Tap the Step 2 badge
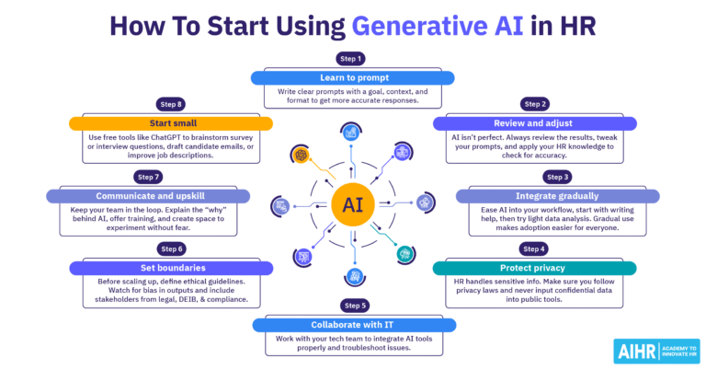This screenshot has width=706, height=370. pyautogui.click(x=534, y=103)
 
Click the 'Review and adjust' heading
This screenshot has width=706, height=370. pyautogui.click(x=534, y=122)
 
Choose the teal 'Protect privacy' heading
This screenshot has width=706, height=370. pyautogui.click(x=534, y=268)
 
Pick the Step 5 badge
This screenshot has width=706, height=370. pyautogui.click(x=352, y=304)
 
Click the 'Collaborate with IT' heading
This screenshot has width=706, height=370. pyautogui.click(x=353, y=323)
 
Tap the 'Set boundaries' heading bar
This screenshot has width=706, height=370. pyautogui.click(x=170, y=268)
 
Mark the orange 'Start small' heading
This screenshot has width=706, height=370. pyautogui.click(x=170, y=122)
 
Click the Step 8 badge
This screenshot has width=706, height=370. pyautogui.click(x=170, y=103)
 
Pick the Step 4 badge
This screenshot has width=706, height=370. pyautogui.click(x=534, y=249)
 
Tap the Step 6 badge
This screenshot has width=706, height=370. pyautogui.click(x=170, y=249)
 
